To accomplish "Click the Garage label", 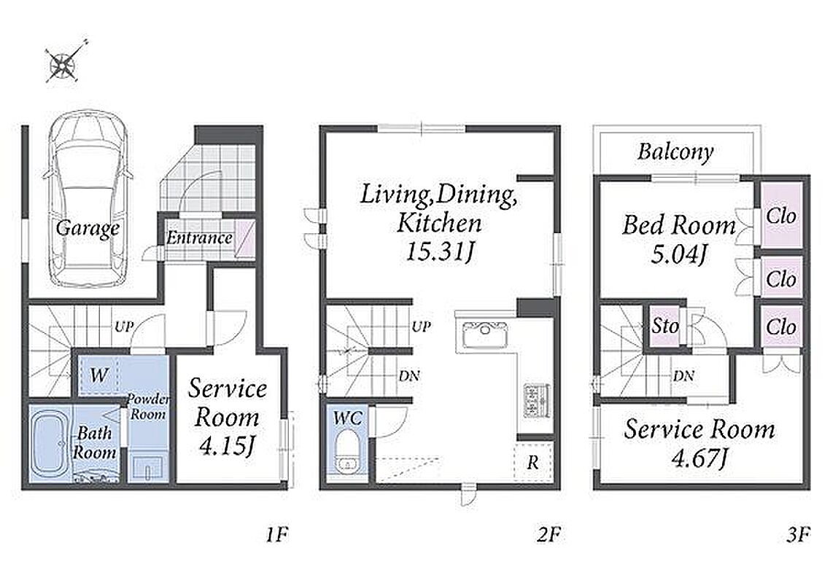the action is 88,228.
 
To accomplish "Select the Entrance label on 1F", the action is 200,238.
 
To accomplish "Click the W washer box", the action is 98,375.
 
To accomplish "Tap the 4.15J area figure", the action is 227,446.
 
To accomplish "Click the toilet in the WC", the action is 348,453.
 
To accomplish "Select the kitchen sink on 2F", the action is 485,334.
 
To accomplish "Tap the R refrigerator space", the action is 533,462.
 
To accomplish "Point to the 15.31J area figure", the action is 439,251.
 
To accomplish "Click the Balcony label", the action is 675,152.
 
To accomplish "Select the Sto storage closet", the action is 665,326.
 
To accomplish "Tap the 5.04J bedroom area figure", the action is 680,254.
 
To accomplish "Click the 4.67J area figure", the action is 699,458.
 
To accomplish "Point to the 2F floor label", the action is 549,534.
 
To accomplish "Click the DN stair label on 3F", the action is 683,376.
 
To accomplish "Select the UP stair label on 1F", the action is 123,326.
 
